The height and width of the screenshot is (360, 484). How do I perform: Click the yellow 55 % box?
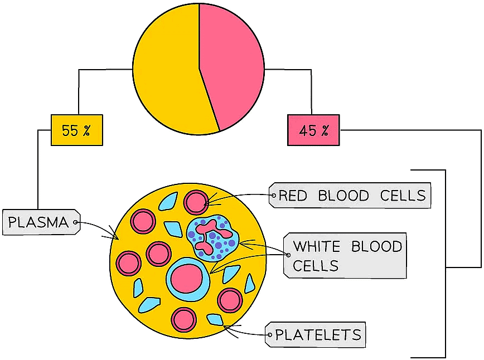[x=77, y=130]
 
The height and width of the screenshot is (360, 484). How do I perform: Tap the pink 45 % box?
[x=313, y=130]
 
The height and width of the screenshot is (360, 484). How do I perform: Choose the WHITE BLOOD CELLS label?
[x=346, y=256]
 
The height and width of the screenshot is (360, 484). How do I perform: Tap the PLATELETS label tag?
[x=316, y=335]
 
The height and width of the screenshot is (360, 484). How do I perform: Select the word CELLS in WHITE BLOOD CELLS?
[x=316, y=266]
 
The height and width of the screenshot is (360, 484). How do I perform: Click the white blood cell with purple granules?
[x=213, y=237]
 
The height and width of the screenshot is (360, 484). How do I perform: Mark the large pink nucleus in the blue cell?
[x=187, y=278]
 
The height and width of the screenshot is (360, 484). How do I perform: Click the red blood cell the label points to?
[x=196, y=202]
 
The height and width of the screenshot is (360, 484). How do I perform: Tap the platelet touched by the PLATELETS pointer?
[x=215, y=320]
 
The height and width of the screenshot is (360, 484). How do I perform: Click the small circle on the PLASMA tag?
[x=76, y=223]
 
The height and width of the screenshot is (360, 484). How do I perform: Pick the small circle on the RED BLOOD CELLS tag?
[x=274, y=196]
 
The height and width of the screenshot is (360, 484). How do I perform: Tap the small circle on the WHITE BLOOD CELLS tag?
[x=288, y=255]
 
